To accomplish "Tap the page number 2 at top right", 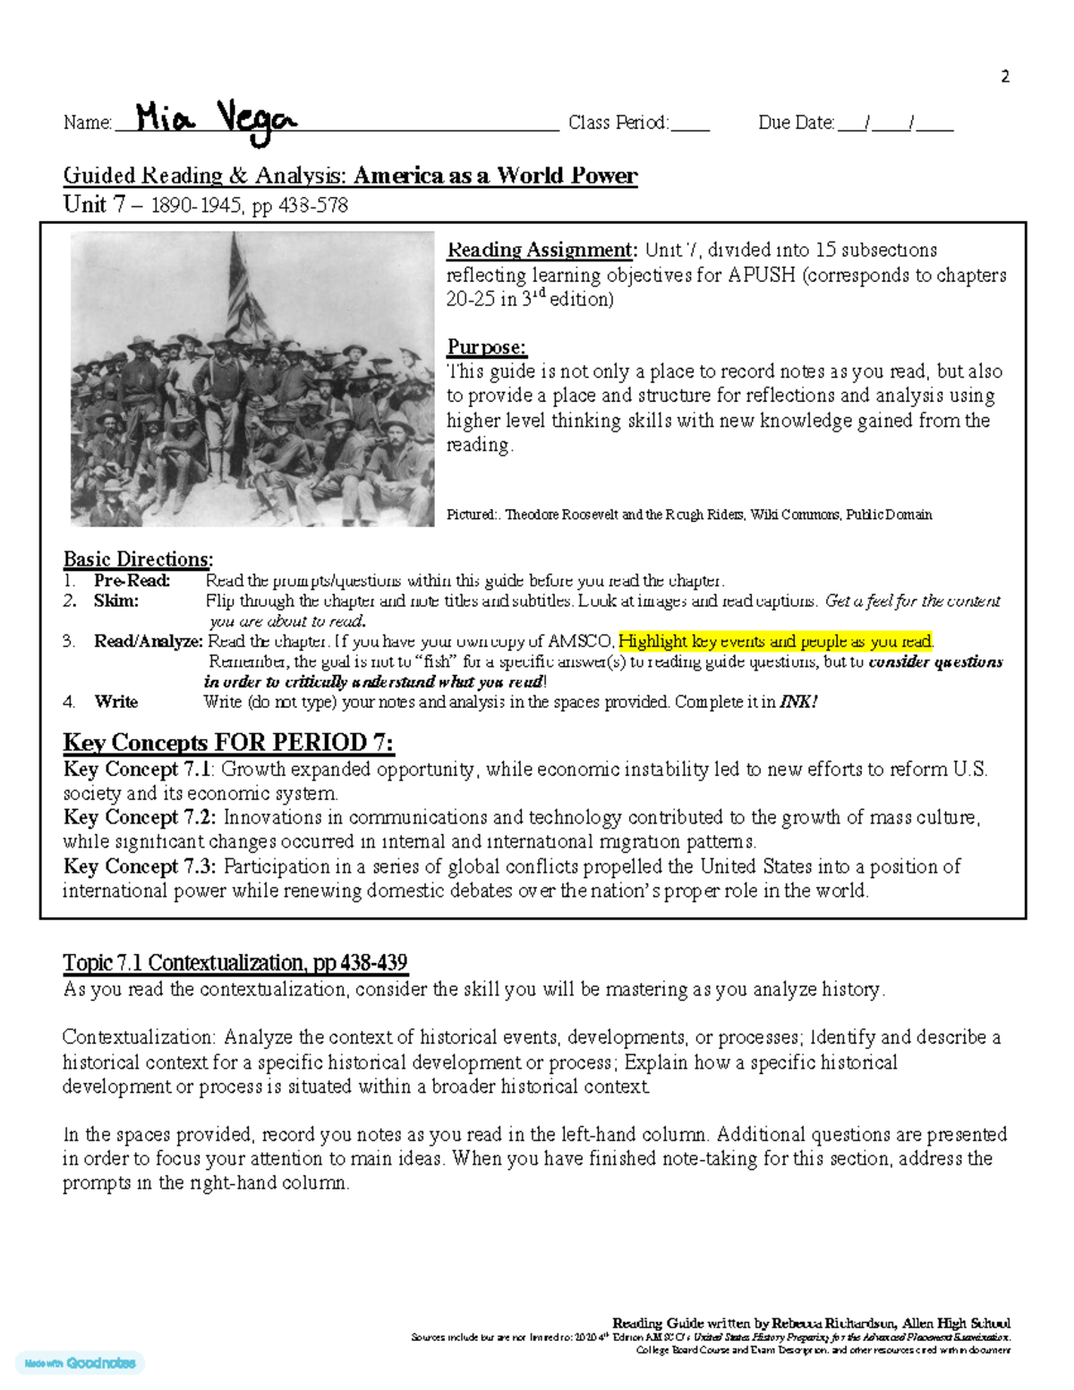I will [x=1004, y=77].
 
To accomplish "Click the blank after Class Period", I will [x=690, y=124].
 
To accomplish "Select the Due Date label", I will [x=796, y=123].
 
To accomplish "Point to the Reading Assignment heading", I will [x=541, y=250].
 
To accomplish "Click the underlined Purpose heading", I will [x=486, y=346].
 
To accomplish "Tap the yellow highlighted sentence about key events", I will [x=775, y=641].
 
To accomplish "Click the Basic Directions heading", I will [x=138, y=559].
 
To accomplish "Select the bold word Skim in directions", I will [x=115, y=601].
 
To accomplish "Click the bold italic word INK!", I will [x=798, y=702].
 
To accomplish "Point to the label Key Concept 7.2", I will [x=139, y=817].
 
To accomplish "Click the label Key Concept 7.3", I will [x=139, y=866].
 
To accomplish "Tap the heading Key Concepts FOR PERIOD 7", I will [x=228, y=743].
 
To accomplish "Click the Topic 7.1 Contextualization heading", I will [x=234, y=963].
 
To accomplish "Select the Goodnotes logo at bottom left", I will [x=81, y=1363].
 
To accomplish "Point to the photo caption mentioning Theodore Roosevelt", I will [x=689, y=515].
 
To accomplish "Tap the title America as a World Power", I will [x=495, y=175].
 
